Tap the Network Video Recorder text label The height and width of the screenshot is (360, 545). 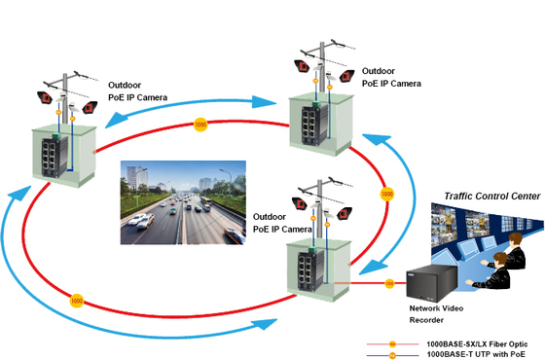(434, 313)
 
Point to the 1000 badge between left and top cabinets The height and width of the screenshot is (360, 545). (200, 125)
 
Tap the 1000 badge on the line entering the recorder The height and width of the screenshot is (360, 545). (389, 283)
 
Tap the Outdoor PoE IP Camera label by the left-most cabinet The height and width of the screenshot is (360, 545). (137, 90)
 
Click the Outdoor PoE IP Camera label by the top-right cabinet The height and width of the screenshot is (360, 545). (391, 77)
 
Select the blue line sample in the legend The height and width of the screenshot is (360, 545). (393, 355)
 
